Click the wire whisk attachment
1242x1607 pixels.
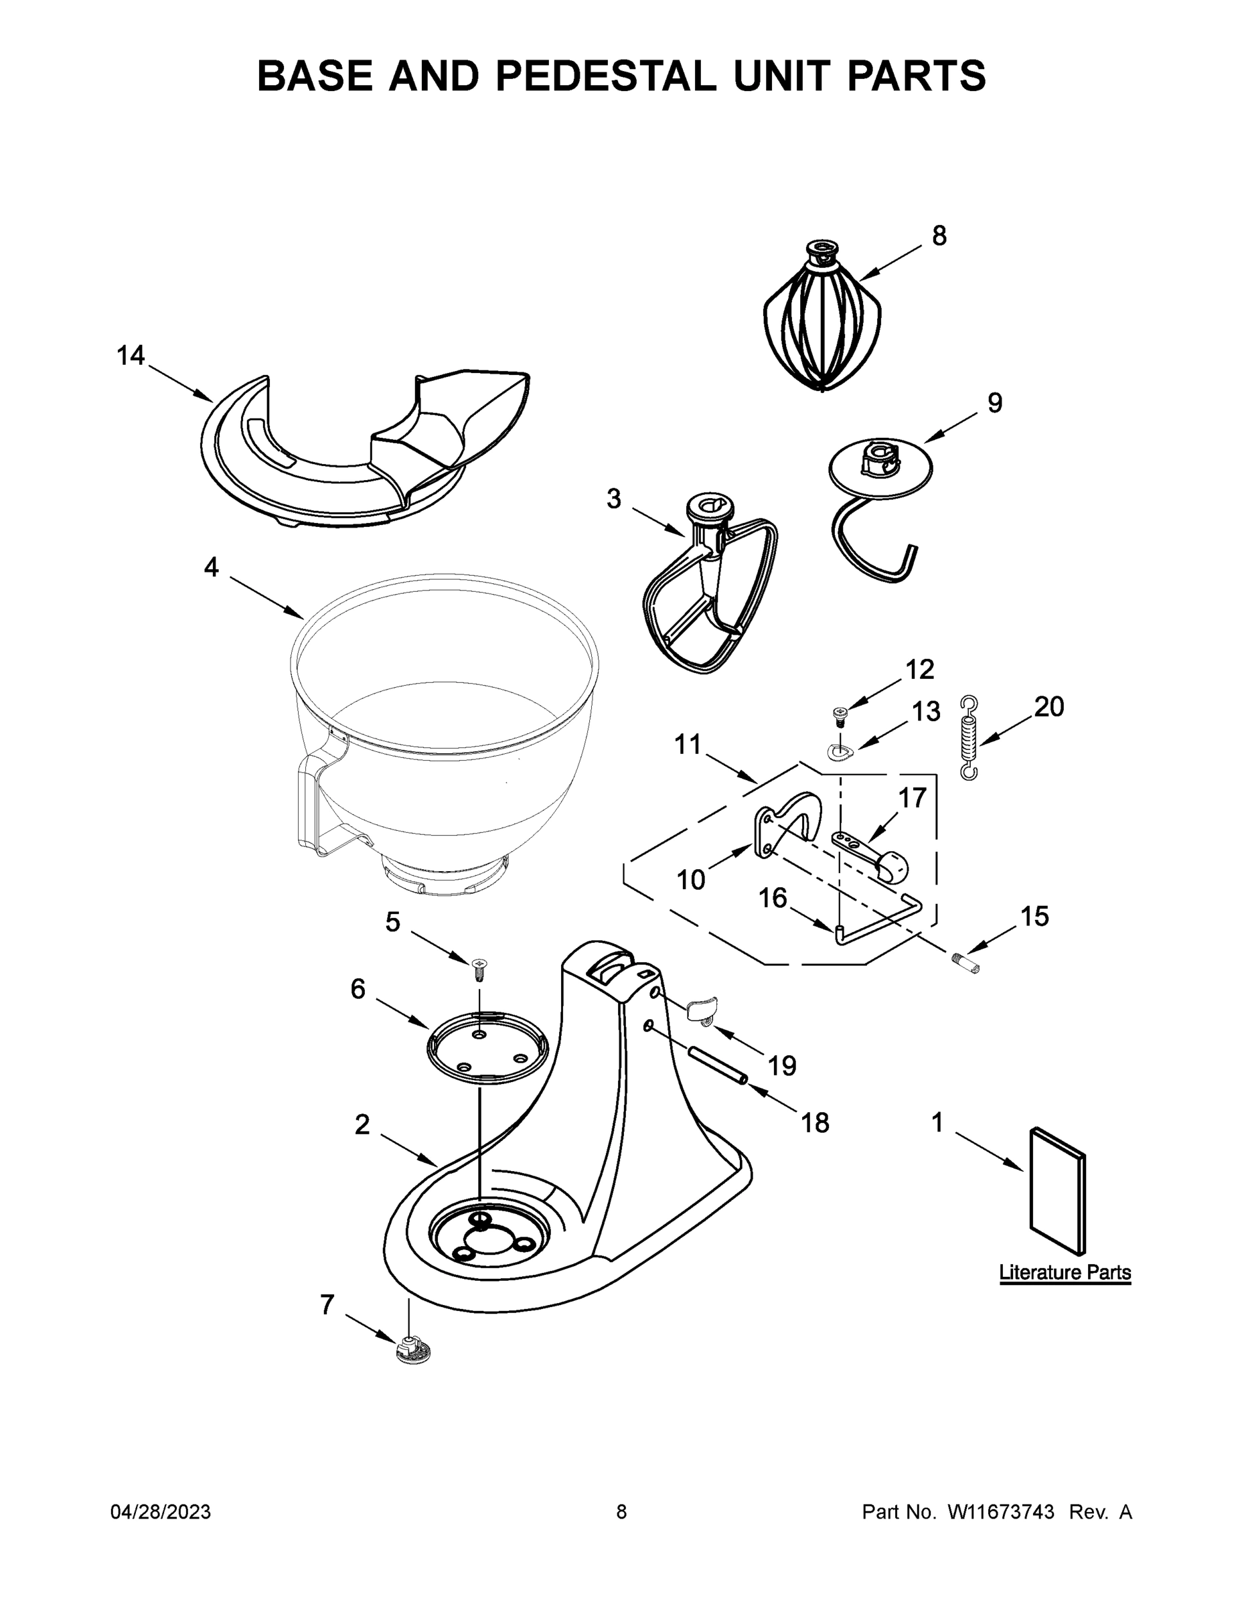coord(822,324)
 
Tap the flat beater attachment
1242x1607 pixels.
coord(708,589)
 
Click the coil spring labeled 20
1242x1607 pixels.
coord(969,737)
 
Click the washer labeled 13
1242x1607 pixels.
coord(838,751)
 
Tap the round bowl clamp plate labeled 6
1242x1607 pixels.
coord(487,1048)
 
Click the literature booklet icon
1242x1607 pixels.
coord(1057,1192)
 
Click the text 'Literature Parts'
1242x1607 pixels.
coord(1064,1272)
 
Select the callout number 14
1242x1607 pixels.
coord(131,356)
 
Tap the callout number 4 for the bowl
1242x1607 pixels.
coord(211,567)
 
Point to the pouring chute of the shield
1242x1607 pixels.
coord(463,419)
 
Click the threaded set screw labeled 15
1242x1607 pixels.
coord(965,962)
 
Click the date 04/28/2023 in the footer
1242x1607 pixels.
coord(161,1512)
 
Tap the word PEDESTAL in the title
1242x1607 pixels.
coord(605,76)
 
